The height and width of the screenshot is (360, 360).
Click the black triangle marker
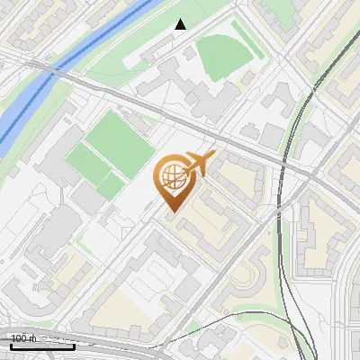tap(180, 24)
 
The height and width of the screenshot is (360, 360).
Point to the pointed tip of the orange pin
tap(171, 211)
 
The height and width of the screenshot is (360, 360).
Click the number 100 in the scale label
tap(20, 338)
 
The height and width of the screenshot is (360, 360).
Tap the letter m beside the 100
tap(33, 338)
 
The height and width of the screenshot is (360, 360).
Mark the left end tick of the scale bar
tap(11, 345)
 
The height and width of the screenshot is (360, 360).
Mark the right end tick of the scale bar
tap(75, 345)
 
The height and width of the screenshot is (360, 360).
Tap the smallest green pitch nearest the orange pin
tap(112, 186)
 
